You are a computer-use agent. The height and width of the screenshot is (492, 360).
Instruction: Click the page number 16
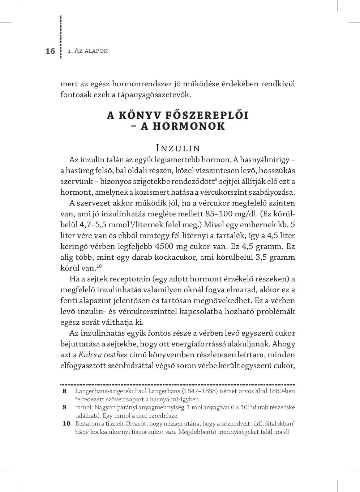pos(50,51)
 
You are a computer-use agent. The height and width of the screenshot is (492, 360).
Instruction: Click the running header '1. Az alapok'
pos(88,51)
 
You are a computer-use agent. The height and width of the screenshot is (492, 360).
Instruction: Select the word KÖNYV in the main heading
pos(136,115)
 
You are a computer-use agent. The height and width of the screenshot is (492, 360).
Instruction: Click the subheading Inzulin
pos(178,148)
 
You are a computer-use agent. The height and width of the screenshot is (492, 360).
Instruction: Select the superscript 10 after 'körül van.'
pos(99,266)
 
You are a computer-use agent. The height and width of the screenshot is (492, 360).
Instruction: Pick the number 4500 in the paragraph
pos(165,246)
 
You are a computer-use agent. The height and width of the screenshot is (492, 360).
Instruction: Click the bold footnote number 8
pos(65,391)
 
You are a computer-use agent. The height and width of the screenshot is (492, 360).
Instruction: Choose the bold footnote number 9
pos(65,407)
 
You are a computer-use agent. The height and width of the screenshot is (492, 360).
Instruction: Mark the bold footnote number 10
pos(66,424)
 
